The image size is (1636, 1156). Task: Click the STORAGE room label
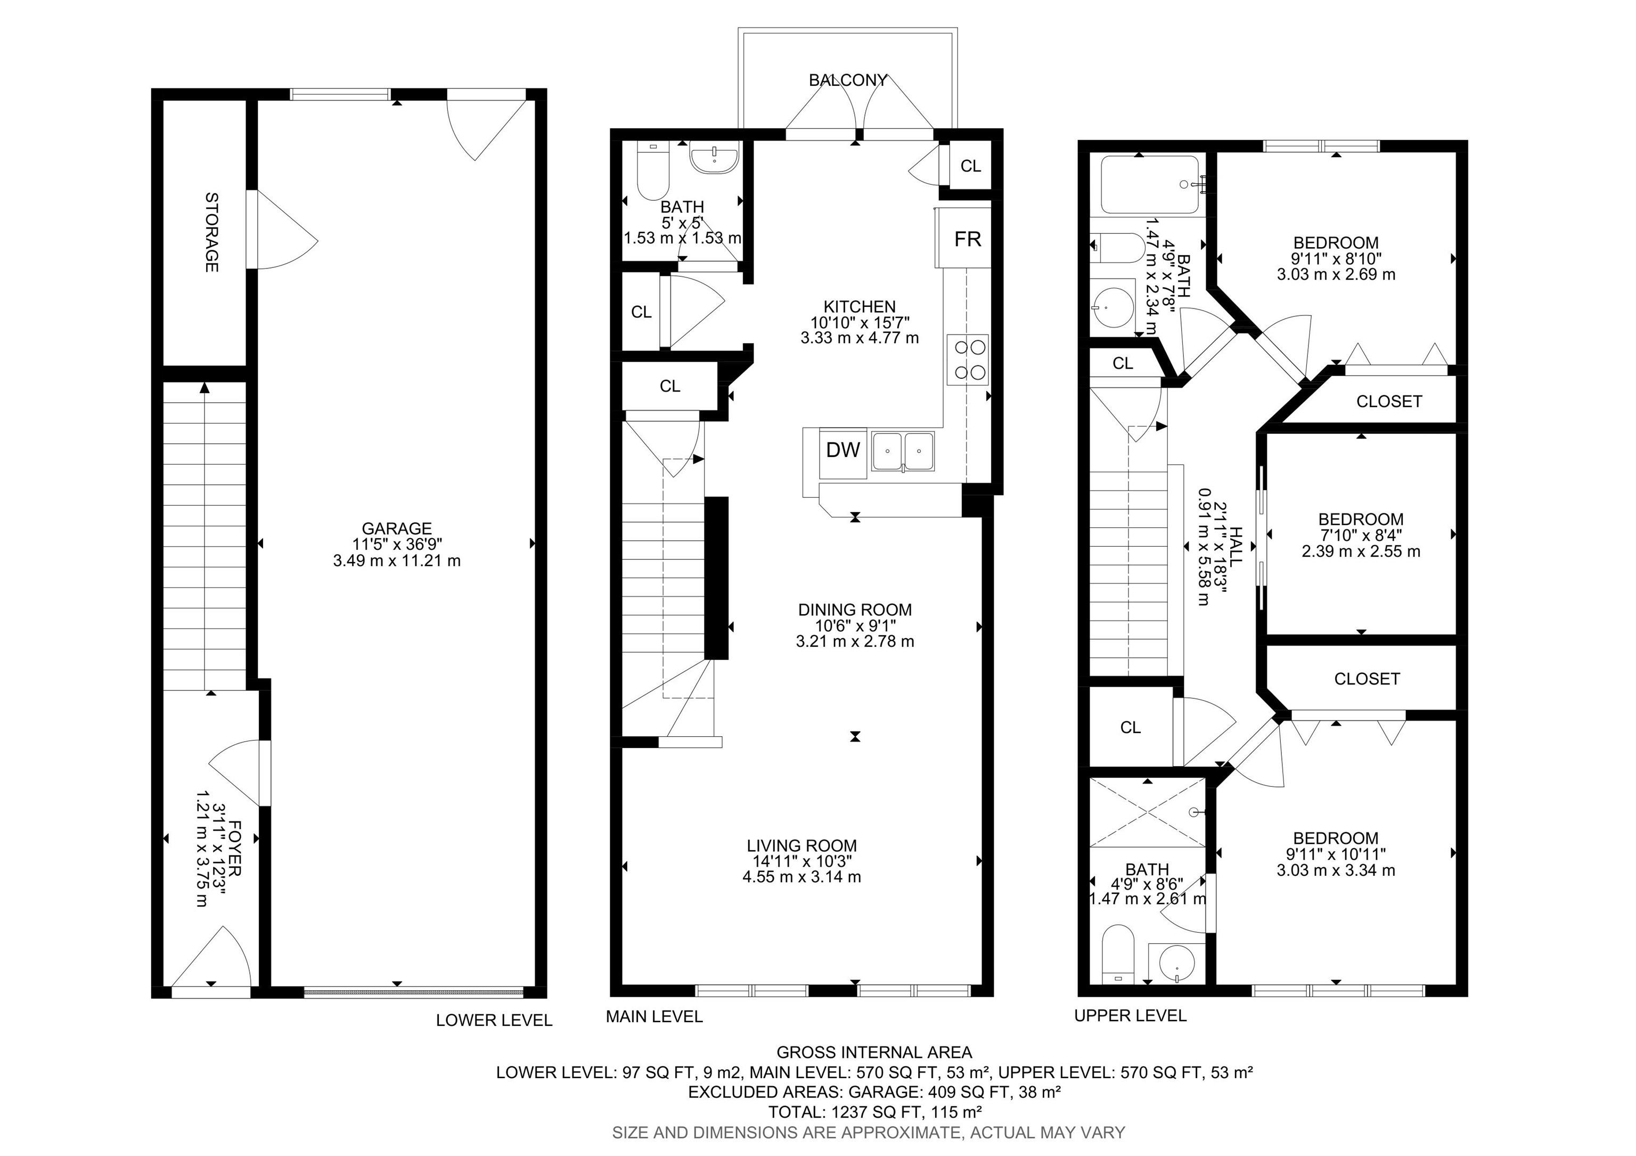(211, 232)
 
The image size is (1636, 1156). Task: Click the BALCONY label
(848, 80)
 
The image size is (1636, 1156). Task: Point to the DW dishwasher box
(843, 450)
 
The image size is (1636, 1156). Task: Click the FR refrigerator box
(967, 239)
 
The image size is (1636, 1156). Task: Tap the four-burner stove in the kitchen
(968, 360)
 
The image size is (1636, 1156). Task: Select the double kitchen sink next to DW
(903, 452)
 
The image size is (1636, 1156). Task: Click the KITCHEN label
(860, 306)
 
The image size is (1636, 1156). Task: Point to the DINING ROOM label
(855, 610)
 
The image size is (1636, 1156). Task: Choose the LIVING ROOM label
(801, 846)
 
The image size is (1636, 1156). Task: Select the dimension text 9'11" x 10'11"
(1335, 854)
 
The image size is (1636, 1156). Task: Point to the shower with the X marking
(1147, 812)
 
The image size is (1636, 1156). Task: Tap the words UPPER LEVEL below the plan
(1130, 1015)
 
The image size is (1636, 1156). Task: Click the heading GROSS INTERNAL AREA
(874, 1053)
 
